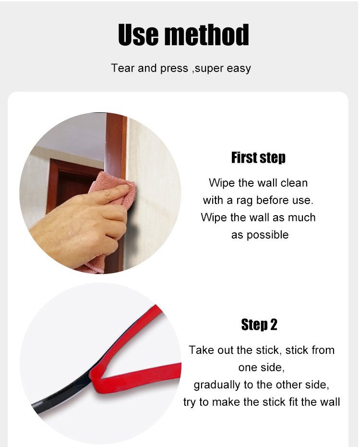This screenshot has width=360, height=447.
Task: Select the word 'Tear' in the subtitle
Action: click(122, 68)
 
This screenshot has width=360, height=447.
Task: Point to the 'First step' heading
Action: click(258, 157)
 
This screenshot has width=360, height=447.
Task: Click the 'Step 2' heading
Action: click(259, 325)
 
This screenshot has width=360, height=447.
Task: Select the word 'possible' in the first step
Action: click(268, 235)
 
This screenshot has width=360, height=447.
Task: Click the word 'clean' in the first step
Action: click(294, 183)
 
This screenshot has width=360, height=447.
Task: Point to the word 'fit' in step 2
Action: click(294, 402)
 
